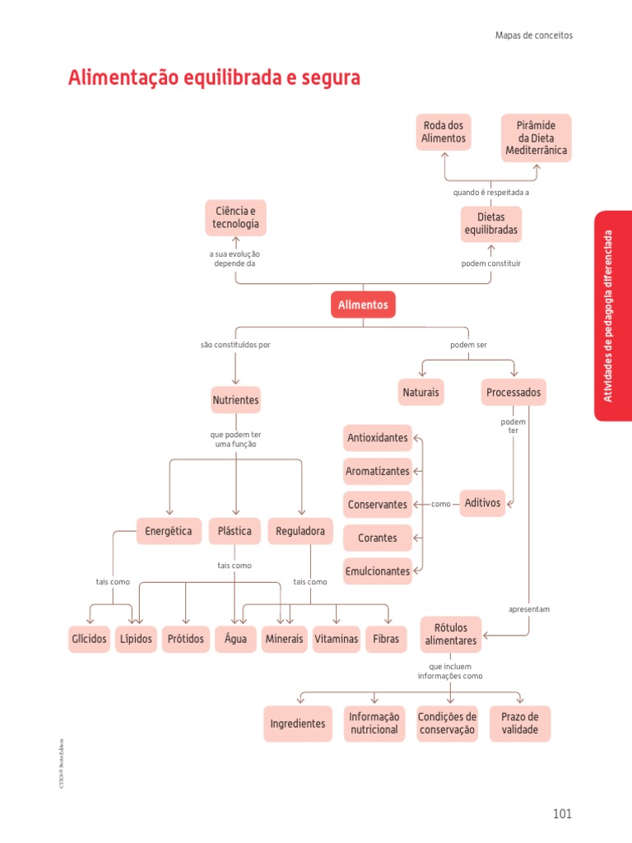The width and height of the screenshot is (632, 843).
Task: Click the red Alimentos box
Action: coord(363,305)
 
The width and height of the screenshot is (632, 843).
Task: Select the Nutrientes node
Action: coord(235,400)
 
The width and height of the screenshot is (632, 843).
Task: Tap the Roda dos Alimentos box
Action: coord(444,132)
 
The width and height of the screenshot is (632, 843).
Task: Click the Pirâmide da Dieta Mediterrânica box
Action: coord(537,138)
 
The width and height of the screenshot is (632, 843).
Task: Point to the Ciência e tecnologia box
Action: coord(235,217)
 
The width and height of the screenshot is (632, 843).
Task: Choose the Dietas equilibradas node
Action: coord(490,224)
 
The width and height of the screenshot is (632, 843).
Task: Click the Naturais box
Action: coord(421,393)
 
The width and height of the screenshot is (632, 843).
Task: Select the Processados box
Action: coord(513,393)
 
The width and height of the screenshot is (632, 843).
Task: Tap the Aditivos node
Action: coord(482,502)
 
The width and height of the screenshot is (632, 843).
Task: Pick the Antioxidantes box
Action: coord(378,438)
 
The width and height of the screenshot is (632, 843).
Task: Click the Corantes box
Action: coord(378,538)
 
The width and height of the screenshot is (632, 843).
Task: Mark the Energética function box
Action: coord(168,531)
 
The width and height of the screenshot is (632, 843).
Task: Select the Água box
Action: coord(235,639)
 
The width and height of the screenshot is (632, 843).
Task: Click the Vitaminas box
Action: coord(336,639)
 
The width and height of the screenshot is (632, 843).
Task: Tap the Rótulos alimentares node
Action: coord(451,634)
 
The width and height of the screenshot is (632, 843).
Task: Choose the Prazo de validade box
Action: coord(520,723)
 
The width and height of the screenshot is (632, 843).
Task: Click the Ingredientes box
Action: coord(298,724)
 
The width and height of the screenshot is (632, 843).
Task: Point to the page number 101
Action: coord(562,813)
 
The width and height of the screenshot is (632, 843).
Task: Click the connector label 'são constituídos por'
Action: coord(235,345)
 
